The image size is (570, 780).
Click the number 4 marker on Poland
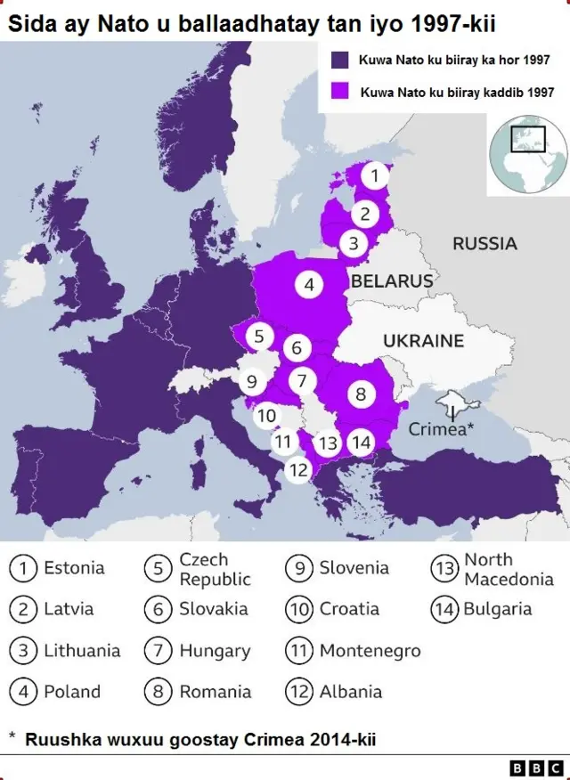pos(308,285)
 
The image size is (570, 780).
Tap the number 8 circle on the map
pos(361,394)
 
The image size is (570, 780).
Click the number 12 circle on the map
pos(298,469)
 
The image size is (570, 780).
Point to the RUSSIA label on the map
pos(484,243)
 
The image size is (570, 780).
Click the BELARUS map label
pos(391,281)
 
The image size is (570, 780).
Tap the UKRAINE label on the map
pos(423,340)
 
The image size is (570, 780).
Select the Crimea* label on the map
pos(441,428)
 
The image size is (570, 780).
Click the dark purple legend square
pos(338,61)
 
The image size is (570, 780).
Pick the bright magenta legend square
pos(338,92)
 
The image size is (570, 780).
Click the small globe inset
pos(527,153)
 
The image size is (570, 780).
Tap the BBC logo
pos(536,767)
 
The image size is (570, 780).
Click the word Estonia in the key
pos(74,568)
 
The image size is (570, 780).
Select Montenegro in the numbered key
pos(370,651)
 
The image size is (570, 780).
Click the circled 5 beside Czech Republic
pos(158,569)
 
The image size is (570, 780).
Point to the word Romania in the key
pos(216,692)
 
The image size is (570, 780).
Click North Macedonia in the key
pos(509,569)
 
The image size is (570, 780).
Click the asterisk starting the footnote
pos(12,737)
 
